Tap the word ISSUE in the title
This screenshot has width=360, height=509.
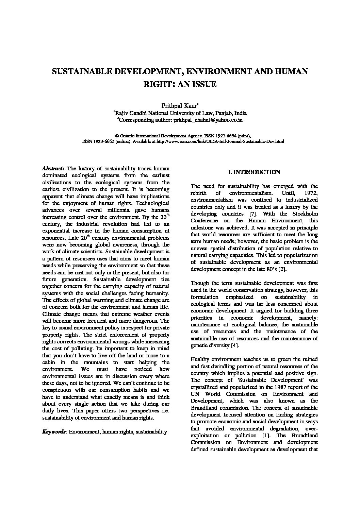point(204,84)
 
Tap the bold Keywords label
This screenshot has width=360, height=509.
point(54,432)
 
